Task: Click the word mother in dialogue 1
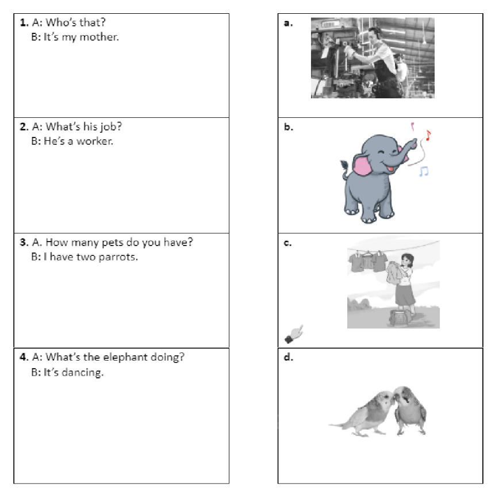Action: tap(99, 37)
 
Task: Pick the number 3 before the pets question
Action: tap(24, 242)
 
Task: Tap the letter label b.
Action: tap(288, 127)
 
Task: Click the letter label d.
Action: tap(288, 357)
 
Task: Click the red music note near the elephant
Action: tap(428, 135)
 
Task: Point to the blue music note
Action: tap(424, 171)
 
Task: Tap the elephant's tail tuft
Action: tap(344, 164)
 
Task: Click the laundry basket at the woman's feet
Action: tap(400, 318)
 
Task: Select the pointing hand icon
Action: tap(294, 334)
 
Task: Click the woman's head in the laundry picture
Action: tap(407, 261)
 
